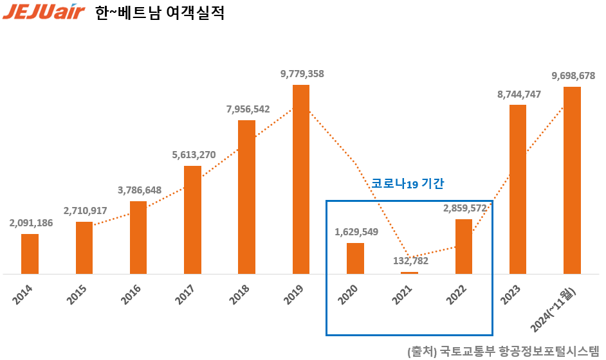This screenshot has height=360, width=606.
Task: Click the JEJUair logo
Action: click(x=44, y=13)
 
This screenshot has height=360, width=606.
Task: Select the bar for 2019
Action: click(x=301, y=179)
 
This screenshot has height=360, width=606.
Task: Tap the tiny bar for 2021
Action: click(x=409, y=273)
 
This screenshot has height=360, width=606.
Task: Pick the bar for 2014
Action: click(x=30, y=254)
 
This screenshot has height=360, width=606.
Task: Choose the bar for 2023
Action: click(x=518, y=189)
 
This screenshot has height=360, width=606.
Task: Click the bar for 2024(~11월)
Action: click(x=572, y=180)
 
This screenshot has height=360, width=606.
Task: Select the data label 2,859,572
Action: click(x=464, y=208)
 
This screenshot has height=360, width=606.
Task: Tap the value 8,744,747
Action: click(x=519, y=94)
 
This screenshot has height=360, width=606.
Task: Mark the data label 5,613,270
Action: click(x=194, y=154)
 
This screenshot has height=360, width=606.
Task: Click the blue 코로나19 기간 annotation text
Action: click(x=408, y=184)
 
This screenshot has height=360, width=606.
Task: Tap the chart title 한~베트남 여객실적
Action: click(x=160, y=14)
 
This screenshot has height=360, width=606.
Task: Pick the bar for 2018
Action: click(x=246, y=197)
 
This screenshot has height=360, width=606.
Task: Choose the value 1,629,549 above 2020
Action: click(x=356, y=231)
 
